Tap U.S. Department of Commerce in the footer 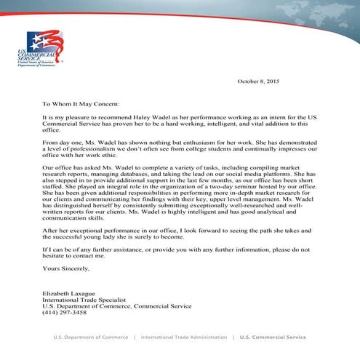90,338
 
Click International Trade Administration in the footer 185,338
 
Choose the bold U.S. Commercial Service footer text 273,338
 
